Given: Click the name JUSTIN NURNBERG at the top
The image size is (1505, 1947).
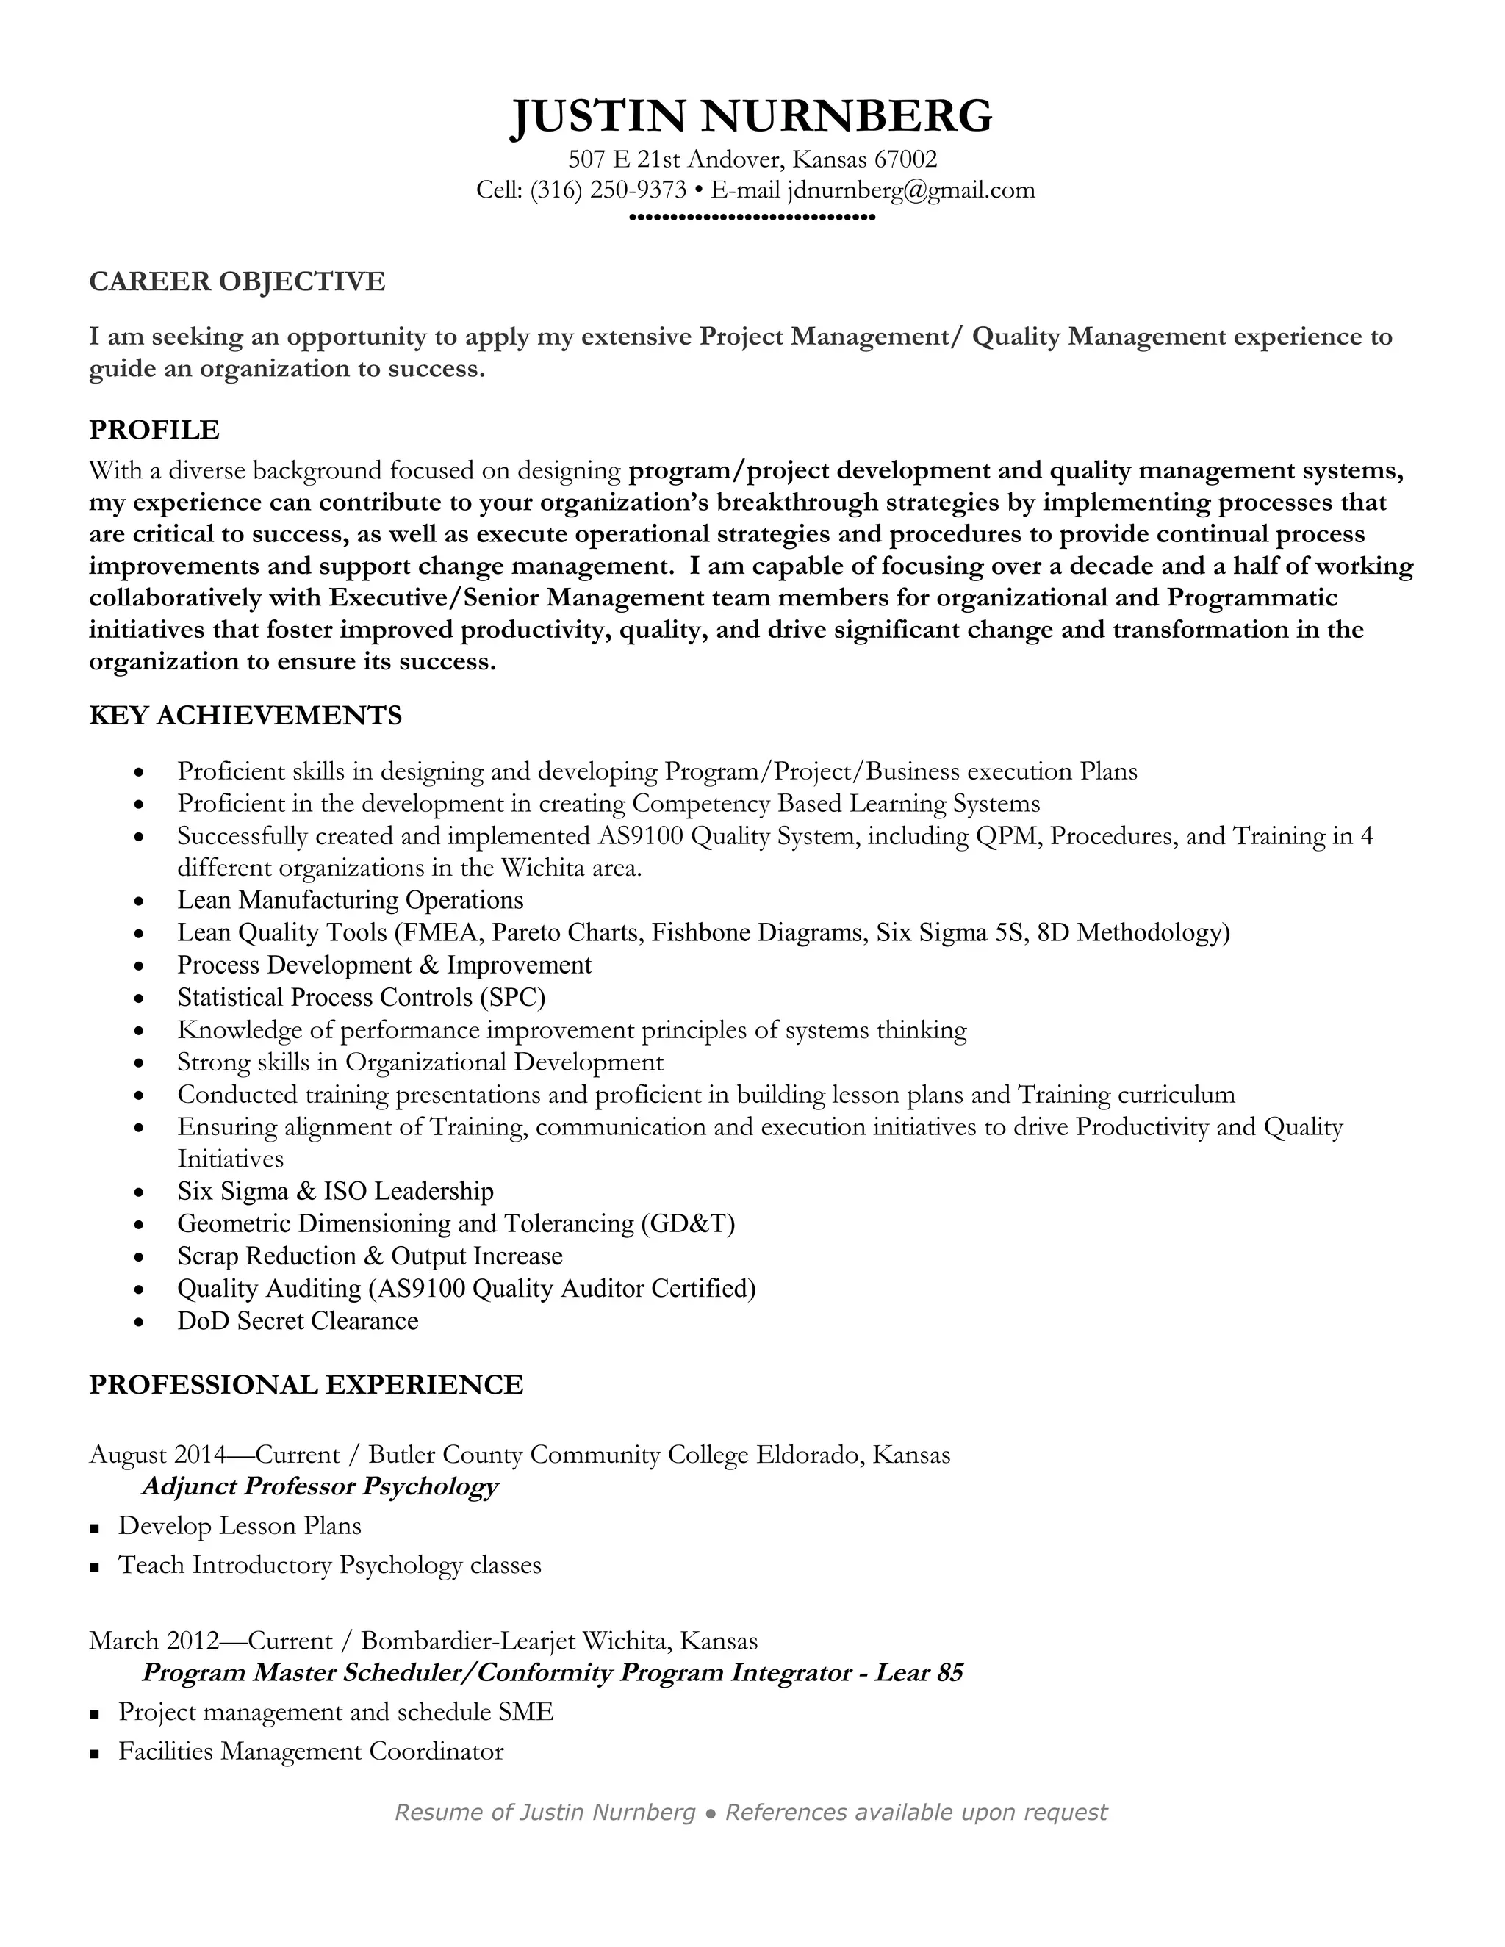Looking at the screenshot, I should [x=752, y=116].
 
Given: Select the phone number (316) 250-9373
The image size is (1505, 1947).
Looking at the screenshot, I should [x=608, y=190].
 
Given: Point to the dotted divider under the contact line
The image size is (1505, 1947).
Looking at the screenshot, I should [x=752, y=217].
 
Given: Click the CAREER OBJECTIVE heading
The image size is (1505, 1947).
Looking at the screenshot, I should [x=237, y=281].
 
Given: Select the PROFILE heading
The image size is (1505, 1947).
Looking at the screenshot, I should [x=154, y=430].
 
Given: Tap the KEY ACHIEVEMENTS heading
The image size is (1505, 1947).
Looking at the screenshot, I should [x=245, y=715].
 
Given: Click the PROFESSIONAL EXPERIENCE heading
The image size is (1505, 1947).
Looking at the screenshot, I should [x=306, y=1384].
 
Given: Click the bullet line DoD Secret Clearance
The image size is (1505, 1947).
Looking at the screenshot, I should [x=297, y=1320].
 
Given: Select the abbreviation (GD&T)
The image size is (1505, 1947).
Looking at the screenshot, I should [x=687, y=1223].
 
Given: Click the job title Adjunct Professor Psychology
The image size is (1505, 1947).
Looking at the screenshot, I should [x=319, y=1486].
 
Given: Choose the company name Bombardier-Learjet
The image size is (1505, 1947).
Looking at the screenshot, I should [x=468, y=1641].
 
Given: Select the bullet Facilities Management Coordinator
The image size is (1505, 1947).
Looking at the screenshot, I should [x=310, y=1751].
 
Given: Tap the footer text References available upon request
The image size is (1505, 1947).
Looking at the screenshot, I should [x=916, y=1812].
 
